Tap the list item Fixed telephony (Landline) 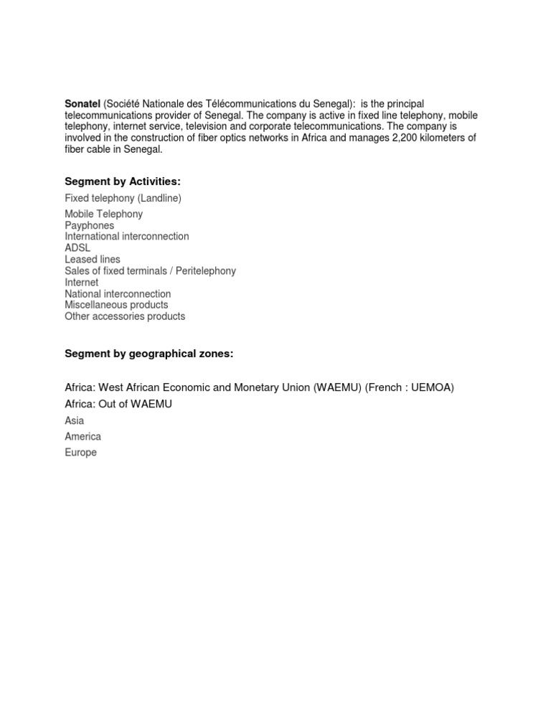[x=123, y=198]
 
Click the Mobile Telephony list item [x=103, y=214]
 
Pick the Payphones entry [x=89, y=225]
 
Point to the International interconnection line [x=126, y=237]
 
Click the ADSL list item [x=77, y=248]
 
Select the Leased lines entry [x=93, y=260]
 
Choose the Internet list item [x=82, y=283]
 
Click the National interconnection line [x=118, y=294]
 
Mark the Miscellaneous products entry [x=116, y=305]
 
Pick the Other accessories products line [x=125, y=316]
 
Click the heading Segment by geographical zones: [x=149, y=354]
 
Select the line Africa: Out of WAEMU [x=118, y=404]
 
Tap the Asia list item [x=74, y=420]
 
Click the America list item [x=83, y=436]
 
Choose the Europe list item [x=80, y=453]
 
